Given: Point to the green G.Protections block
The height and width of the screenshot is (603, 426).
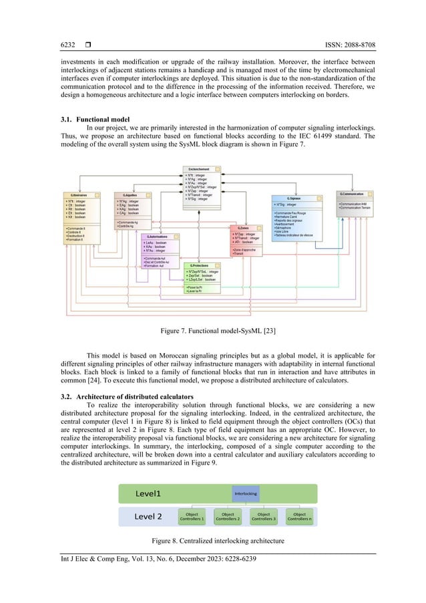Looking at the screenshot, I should tap(203, 277).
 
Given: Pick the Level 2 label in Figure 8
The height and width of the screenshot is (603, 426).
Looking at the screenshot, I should tap(148, 516).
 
